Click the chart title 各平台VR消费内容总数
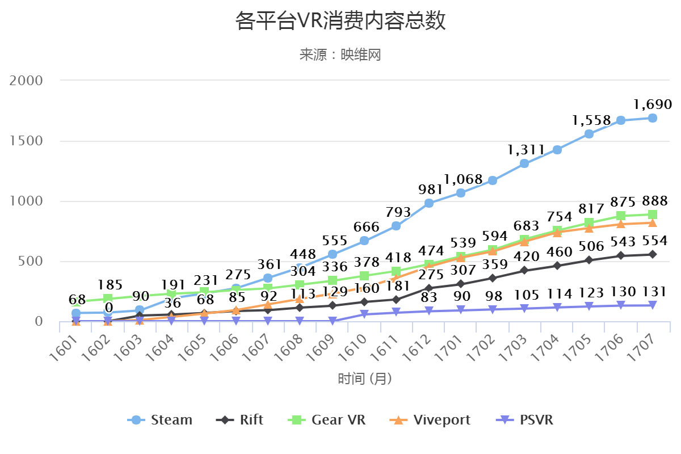tap(340, 22)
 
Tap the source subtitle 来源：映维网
tap(340, 55)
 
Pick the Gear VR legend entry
tap(327, 420)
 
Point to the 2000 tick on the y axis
tap(27, 80)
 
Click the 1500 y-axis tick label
tap(27, 141)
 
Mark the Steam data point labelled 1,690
tap(653, 118)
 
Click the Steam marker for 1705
tap(589, 134)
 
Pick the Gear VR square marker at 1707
tap(653, 215)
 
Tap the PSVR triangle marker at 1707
tap(653, 305)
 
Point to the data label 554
tap(653, 241)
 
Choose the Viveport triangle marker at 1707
tap(653, 222)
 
